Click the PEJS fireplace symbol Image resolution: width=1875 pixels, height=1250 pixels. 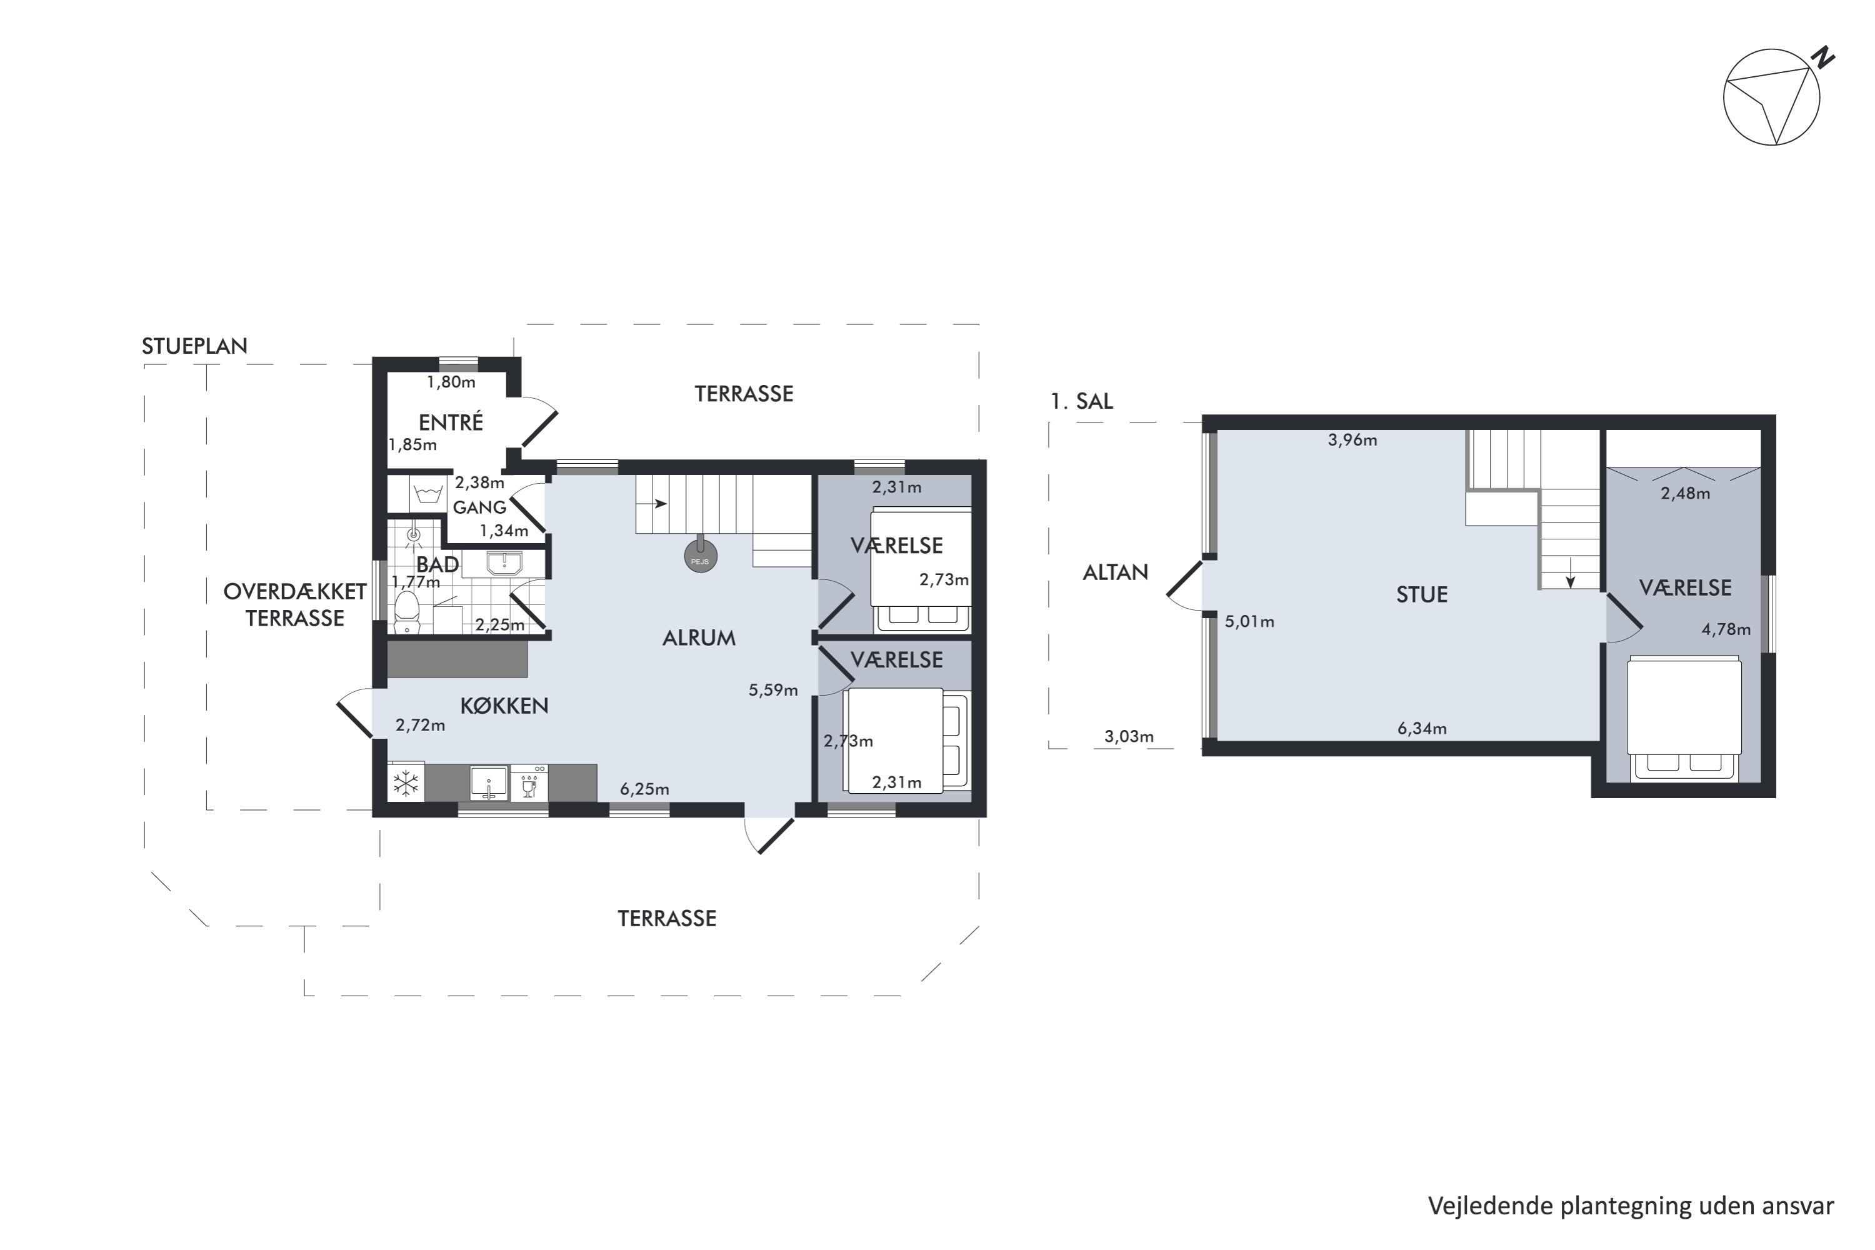click(701, 557)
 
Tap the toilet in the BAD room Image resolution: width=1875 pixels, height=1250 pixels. click(407, 611)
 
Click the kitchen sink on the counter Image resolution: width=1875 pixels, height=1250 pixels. click(488, 783)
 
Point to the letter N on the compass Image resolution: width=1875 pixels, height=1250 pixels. click(1822, 58)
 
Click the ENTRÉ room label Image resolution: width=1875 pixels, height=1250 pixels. click(451, 422)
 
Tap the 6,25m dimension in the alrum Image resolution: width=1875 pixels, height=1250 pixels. click(644, 789)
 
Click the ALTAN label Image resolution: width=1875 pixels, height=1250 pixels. click(1115, 572)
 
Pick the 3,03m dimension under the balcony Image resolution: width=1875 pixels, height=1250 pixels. click(1129, 737)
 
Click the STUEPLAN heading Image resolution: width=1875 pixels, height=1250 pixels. click(194, 346)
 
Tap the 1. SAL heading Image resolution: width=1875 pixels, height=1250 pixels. click(1082, 402)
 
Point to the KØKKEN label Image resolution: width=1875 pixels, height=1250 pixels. click(504, 706)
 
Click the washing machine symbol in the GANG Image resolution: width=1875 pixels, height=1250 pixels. click(428, 494)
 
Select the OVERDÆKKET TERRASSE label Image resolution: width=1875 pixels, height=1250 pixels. click(295, 604)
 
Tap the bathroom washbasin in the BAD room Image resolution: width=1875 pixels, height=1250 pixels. click(504, 564)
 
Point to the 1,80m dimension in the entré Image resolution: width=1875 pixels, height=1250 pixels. click(451, 382)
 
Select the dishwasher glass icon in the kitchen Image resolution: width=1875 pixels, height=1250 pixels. click(529, 783)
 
